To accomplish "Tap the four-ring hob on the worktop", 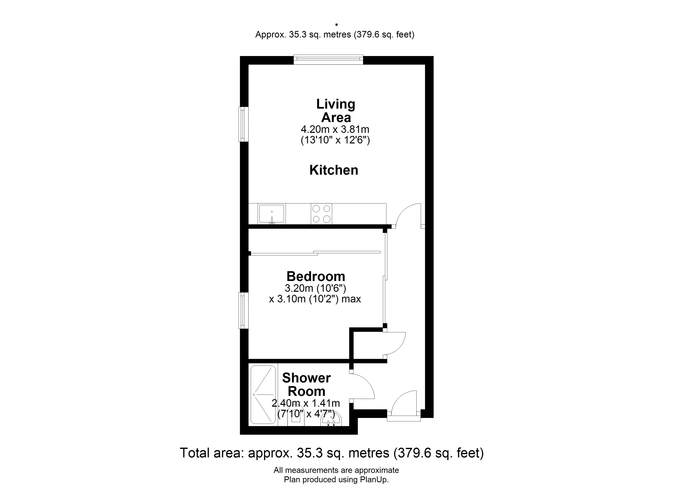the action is tap(321, 214).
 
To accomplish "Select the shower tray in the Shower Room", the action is tap(263, 395).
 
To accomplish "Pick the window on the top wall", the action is tap(328, 60).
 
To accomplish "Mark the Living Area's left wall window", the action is tap(244, 124).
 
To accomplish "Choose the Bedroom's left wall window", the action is tap(244, 311).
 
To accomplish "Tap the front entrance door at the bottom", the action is tap(404, 405).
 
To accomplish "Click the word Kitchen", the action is tap(334, 170).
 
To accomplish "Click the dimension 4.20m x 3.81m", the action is tap(335, 129).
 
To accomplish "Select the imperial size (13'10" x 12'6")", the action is tap(335, 140).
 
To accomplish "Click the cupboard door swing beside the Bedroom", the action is tap(395, 344).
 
